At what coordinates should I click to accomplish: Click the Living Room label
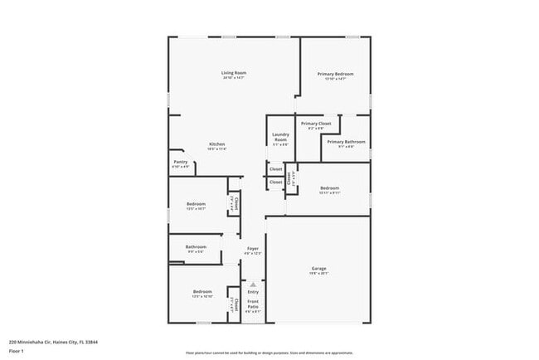pyautogui.click(x=234, y=73)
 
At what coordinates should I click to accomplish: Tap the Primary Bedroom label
pyautogui.click(x=336, y=74)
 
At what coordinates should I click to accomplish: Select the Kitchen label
pyautogui.click(x=217, y=144)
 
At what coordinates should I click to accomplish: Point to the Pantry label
pyautogui.click(x=180, y=162)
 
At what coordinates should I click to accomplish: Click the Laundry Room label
pyautogui.click(x=280, y=138)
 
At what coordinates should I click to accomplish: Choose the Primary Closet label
pyautogui.click(x=316, y=124)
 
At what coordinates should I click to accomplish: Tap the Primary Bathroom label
pyautogui.click(x=346, y=142)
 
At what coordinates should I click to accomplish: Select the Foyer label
pyautogui.click(x=253, y=249)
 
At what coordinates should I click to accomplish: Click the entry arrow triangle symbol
pyautogui.click(x=253, y=283)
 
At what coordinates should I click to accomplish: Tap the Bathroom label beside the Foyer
pyautogui.click(x=196, y=246)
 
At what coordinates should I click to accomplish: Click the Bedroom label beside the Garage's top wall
pyautogui.click(x=330, y=188)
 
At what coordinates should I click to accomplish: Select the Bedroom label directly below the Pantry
pyautogui.click(x=196, y=203)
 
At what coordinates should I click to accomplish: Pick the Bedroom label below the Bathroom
pyautogui.click(x=202, y=291)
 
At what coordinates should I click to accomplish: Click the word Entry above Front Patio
pyautogui.click(x=253, y=291)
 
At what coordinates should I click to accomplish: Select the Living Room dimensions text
pyautogui.click(x=234, y=78)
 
